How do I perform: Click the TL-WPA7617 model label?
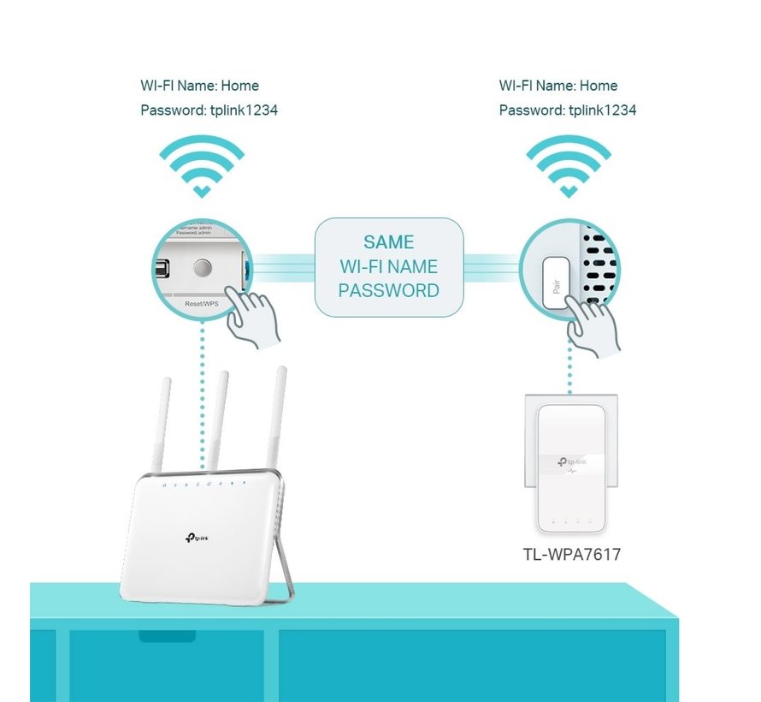571,555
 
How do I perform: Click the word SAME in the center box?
388,242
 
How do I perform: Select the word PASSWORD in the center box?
388,290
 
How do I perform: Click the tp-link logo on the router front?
198,537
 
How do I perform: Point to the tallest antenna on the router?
276,419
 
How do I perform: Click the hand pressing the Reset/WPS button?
254,319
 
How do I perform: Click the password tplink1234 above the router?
240,110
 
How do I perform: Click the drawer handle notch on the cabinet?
167,636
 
